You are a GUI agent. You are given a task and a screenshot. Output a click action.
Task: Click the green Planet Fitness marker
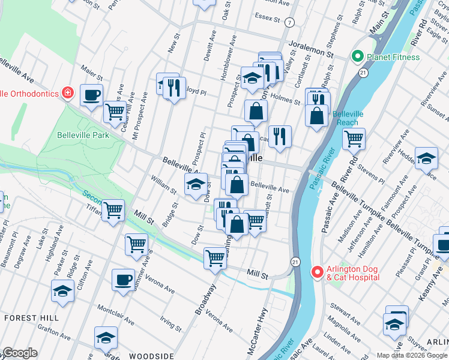[358, 58]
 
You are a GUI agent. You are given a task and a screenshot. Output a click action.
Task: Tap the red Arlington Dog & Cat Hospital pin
[318, 272]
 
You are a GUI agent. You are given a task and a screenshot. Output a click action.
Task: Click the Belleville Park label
[83, 135]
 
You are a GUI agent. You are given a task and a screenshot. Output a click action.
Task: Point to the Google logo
[19, 353]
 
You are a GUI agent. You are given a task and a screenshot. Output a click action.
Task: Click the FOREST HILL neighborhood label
[30, 317]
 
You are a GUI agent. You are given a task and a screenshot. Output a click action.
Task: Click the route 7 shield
[290, 23]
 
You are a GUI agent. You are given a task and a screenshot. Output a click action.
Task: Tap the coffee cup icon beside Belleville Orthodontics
[91, 95]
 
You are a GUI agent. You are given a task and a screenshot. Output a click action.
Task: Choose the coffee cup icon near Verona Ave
[124, 280]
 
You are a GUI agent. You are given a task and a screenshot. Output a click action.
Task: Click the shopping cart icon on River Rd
[354, 139]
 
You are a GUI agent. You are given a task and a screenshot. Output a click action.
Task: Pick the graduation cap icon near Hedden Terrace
[426, 158]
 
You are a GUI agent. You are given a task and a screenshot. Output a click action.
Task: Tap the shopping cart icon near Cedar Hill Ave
[114, 110]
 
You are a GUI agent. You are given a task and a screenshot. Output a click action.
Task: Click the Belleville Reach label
[345, 118]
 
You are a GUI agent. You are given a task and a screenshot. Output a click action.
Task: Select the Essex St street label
[268, 16]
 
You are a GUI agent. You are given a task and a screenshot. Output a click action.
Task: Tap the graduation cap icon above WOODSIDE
[106, 337]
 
